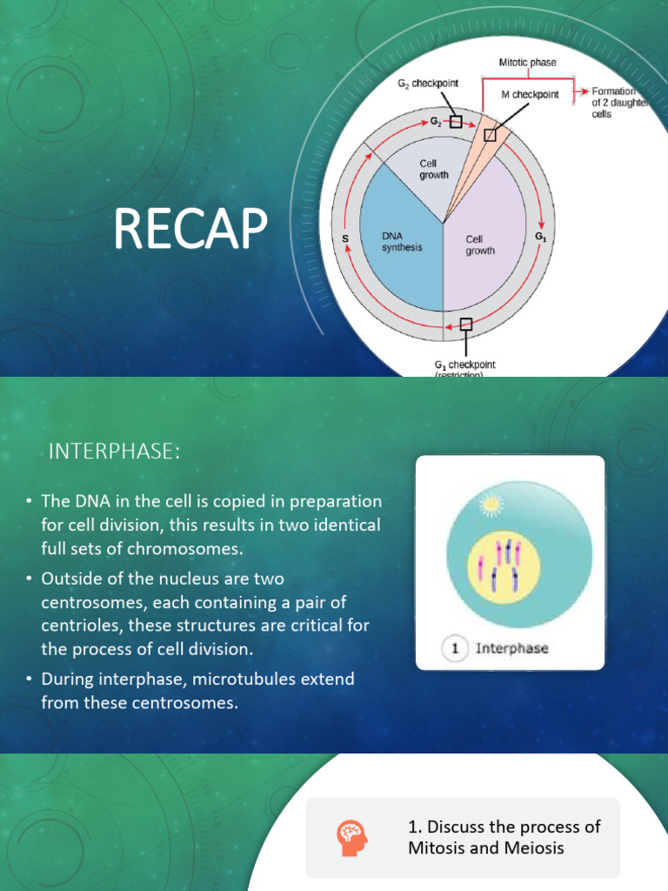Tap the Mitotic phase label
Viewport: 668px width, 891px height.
[527, 63]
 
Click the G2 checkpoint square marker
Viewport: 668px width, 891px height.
[457, 122]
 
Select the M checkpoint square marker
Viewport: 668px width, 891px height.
[490, 134]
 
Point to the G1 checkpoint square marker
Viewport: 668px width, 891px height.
[466, 325]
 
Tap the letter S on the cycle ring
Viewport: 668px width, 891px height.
[344, 238]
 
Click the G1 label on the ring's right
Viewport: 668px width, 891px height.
[540, 236]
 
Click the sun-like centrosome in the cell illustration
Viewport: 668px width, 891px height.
[492, 503]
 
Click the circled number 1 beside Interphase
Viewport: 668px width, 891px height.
[456, 648]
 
